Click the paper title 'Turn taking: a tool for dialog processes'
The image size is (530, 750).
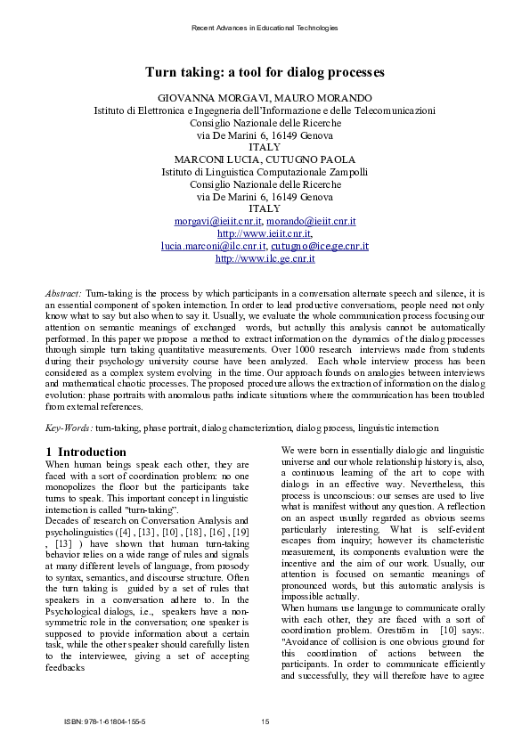click(265, 71)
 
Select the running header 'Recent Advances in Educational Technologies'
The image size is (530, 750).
click(265, 29)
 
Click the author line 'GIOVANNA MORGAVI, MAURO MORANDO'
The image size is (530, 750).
click(265, 97)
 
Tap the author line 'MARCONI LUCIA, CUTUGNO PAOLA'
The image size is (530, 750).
click(265, 159)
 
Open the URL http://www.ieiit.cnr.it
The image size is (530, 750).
click(265, 233)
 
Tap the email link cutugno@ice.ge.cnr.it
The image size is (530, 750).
click(320, 246)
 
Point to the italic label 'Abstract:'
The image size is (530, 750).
click(63, 293)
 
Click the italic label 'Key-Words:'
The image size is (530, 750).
click(69, 428)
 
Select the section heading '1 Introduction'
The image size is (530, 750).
click(86, 452)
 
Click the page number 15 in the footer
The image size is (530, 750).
click(265, 721)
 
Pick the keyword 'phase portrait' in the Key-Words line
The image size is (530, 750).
click(170, 428)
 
